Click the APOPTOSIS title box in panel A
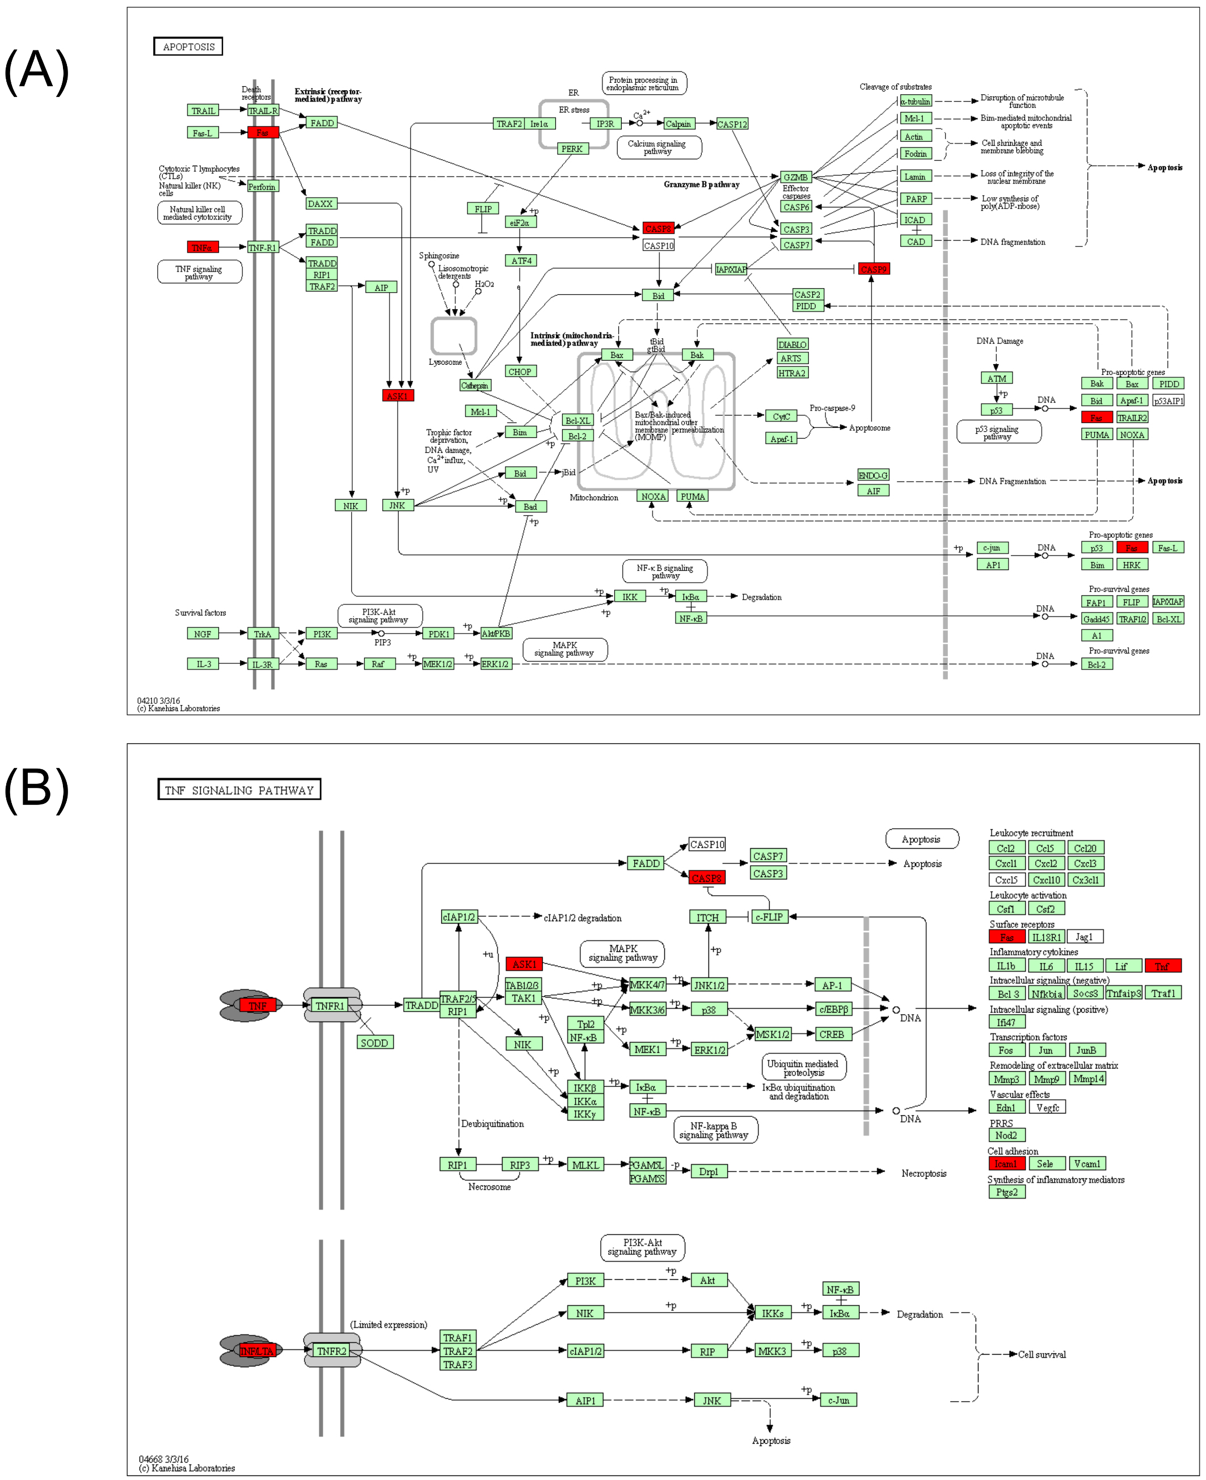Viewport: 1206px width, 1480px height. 188,47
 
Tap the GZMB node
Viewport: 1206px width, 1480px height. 795,177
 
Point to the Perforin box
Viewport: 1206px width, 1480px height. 262,187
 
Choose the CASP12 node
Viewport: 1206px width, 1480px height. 732,124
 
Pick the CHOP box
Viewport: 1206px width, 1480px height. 520,372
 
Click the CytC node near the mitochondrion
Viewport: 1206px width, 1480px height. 781,416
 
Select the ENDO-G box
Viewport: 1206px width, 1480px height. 873,475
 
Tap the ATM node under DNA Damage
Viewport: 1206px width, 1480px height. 996,378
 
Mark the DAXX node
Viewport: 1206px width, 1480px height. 321,204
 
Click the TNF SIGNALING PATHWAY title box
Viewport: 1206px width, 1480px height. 239,790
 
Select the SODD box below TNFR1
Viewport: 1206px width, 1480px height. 374,1043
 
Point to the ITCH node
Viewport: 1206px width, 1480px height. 707,917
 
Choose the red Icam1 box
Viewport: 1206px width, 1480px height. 1006,1164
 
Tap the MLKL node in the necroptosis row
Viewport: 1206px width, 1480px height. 585,1165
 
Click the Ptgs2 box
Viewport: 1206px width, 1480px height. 1006,1192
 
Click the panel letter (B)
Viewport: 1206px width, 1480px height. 36,790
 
